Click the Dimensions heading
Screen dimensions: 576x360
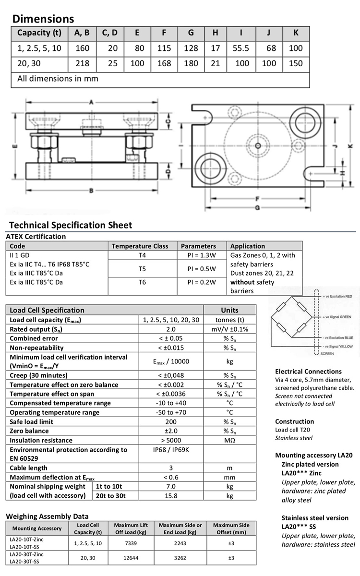(x=43, y=19)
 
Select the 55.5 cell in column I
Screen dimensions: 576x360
(x=241, y=48)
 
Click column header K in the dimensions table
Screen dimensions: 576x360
(x=296, y=33)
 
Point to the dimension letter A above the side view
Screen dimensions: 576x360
(x=91, y=102)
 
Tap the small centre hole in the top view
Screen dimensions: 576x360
(x=258, y=145)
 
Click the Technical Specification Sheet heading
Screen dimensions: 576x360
(x=71, y=225)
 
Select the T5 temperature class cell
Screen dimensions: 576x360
(x=142, y=269)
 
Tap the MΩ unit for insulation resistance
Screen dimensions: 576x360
(x=229, y=440)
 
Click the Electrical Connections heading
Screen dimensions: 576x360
(x=308, y=371)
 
